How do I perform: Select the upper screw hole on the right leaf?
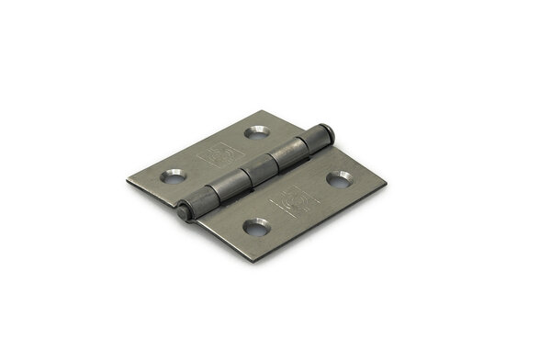[x=340, y=178]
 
